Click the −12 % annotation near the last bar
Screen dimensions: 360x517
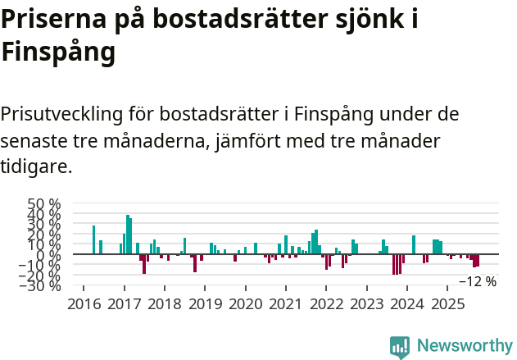477,281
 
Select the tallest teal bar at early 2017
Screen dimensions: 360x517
128,235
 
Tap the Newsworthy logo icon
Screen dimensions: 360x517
400,346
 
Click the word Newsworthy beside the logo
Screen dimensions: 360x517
464,346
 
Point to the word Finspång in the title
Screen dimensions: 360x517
57,53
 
